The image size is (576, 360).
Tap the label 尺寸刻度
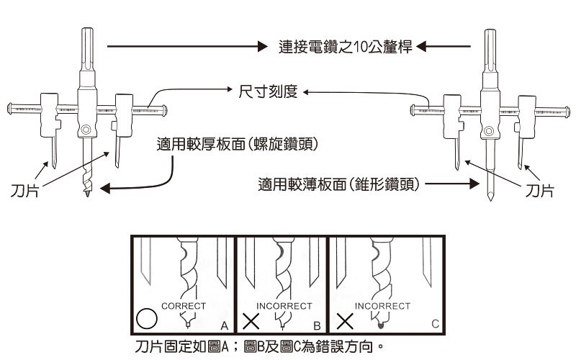click(x=266, y=92)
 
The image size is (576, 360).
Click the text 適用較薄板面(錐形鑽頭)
click(x=338, y=185)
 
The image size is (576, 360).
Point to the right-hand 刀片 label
click(x=539, y=191)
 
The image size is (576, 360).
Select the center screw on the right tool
click(x=490, y=131)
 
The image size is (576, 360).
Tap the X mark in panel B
click(x=251, y=319)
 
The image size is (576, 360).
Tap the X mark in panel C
click(x=343, y=319)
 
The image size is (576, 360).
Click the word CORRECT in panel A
click(x=184, y=305)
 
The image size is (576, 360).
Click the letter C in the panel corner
click(x=435, y=324)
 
